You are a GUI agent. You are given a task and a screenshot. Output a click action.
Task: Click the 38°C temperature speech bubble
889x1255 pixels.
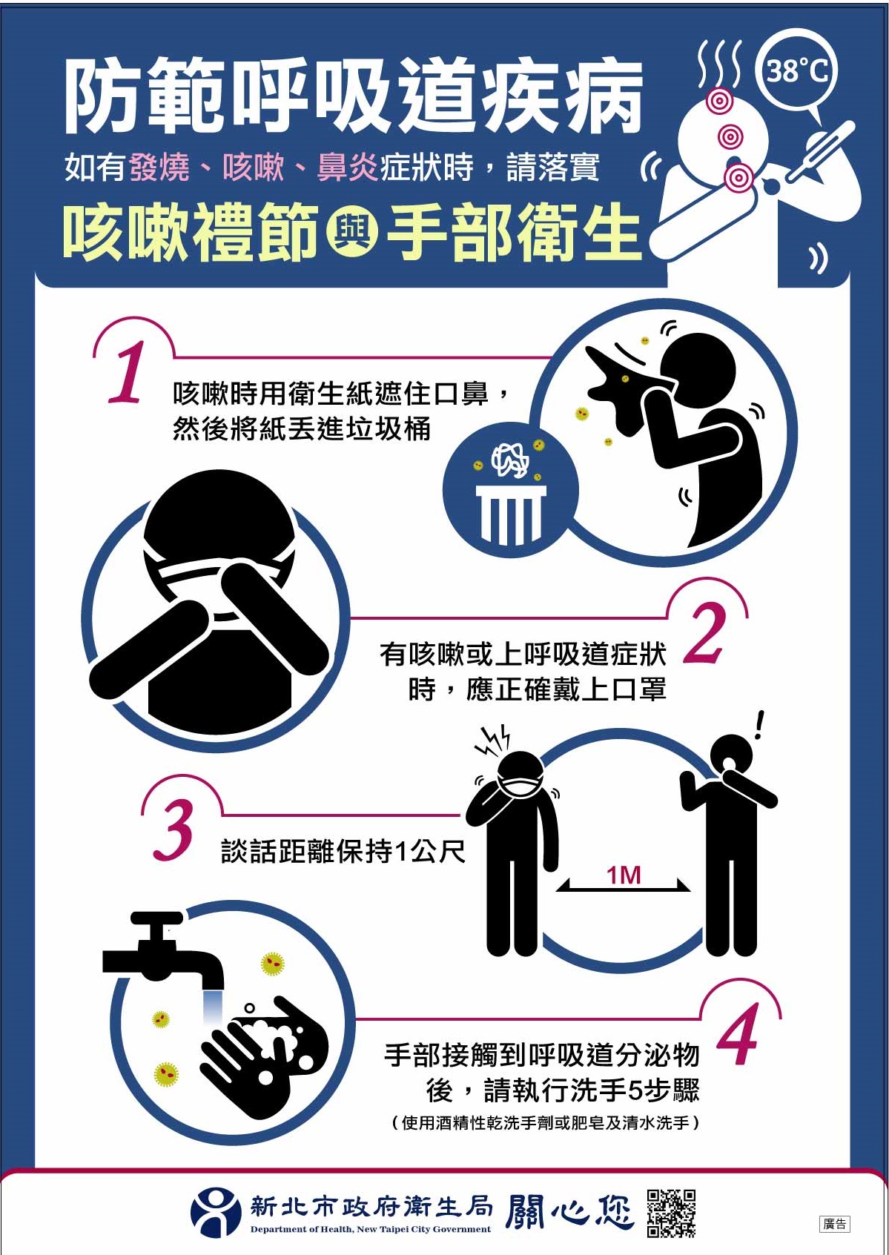pos(797,73)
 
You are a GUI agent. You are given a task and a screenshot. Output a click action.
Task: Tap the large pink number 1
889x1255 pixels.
pos(127,372)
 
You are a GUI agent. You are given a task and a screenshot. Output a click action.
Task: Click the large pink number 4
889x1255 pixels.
pos(738,1033)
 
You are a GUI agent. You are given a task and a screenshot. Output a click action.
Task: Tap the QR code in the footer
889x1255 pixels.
pos(672,1213)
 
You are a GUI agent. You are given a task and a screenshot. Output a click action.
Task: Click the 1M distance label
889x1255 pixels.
pos(624,875)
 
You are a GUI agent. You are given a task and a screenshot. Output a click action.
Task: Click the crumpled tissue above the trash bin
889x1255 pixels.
pos(510,460)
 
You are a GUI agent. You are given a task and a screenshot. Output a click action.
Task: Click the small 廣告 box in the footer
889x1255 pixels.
pos(835,1224)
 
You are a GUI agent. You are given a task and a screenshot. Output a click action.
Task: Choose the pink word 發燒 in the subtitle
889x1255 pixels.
pos(159,168)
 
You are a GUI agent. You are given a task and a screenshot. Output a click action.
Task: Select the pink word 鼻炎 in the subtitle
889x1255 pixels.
pos(348,168)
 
